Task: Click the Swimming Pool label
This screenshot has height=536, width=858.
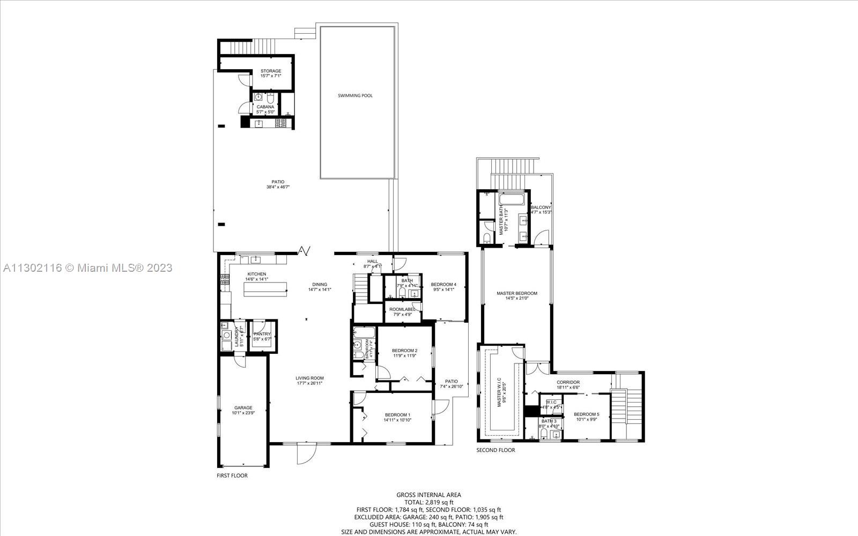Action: (355, 95)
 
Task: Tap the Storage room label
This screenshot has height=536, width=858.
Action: (271, 71)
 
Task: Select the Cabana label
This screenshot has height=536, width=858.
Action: (265, 107)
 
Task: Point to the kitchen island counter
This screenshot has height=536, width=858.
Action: (265, 289)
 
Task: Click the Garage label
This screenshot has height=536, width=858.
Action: (243, 408)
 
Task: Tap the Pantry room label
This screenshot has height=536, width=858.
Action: (262, 334)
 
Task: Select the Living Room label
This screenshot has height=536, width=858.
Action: (309, 378)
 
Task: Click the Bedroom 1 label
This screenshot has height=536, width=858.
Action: (397, 414)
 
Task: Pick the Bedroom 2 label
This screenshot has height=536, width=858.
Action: (405, 351)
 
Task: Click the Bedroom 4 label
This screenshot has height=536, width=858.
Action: (443, 284)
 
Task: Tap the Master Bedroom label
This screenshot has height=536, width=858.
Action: (516, 293)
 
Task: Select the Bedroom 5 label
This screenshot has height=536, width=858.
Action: (586, 414)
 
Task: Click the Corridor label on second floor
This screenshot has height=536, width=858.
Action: (568, 382)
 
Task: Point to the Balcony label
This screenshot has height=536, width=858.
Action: (541, 207)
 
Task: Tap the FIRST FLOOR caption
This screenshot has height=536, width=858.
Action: (232, 475)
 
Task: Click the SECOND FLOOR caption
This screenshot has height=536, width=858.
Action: (495, 450)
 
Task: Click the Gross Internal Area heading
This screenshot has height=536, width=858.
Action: (428, 495)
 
